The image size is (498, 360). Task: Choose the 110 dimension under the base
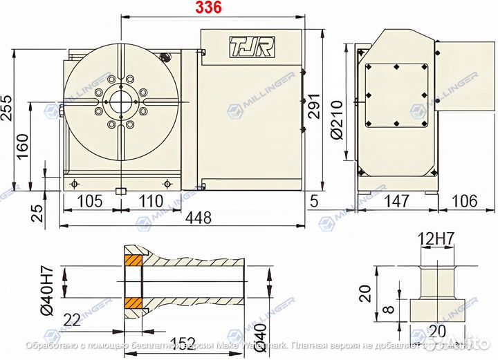click(x=150, y=201)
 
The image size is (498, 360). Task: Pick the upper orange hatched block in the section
click(x=133, y=262)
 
